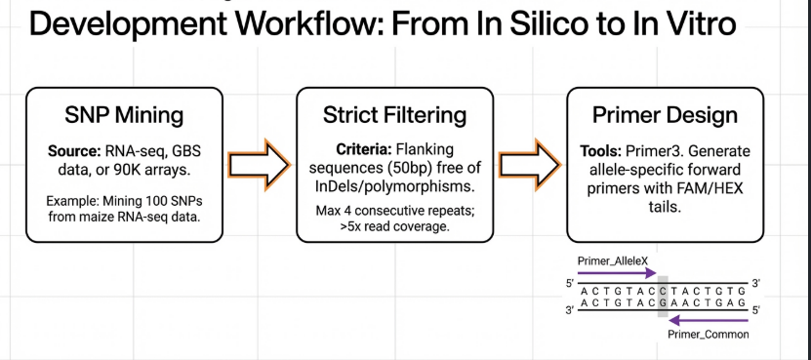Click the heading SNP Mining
pos(124,115)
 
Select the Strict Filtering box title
pos(394,115)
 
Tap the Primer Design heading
pos(666,115)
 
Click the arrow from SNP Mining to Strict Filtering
pos(260,165)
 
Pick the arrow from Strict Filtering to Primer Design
pos(530,165)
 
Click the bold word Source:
pos(72,151)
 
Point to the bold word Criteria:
pos(365,150)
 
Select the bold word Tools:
pos(601,151)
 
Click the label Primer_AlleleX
pos(612,261)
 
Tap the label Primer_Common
pos(709,335)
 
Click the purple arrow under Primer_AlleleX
pos(617,273)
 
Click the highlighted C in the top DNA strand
pos(663,291)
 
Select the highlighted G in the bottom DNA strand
pos(663,302)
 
